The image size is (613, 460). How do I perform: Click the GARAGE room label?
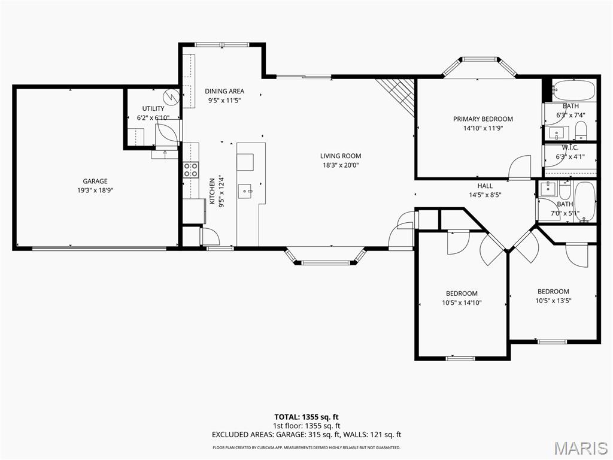click(x=95, y=181)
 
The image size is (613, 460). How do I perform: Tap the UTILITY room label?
click(x=153, y=108)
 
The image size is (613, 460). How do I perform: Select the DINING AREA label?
click(x=224, y=92)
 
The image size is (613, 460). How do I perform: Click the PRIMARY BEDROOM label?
click(x=482, y=119)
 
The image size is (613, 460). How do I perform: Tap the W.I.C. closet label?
click(x=569, y=147)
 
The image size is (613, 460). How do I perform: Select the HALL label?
click(x=485, y=186)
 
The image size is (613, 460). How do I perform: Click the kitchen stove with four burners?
click(x=191, y=170)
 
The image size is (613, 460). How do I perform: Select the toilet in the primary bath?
click(x=581, y=131)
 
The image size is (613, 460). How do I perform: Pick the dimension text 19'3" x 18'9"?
click(x=95, y=190)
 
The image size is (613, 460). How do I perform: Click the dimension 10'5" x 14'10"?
click(x=462, y=302)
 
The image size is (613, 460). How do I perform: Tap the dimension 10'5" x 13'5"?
click(x=553, y=301)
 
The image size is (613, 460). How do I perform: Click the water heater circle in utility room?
click(x=171, y=96)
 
